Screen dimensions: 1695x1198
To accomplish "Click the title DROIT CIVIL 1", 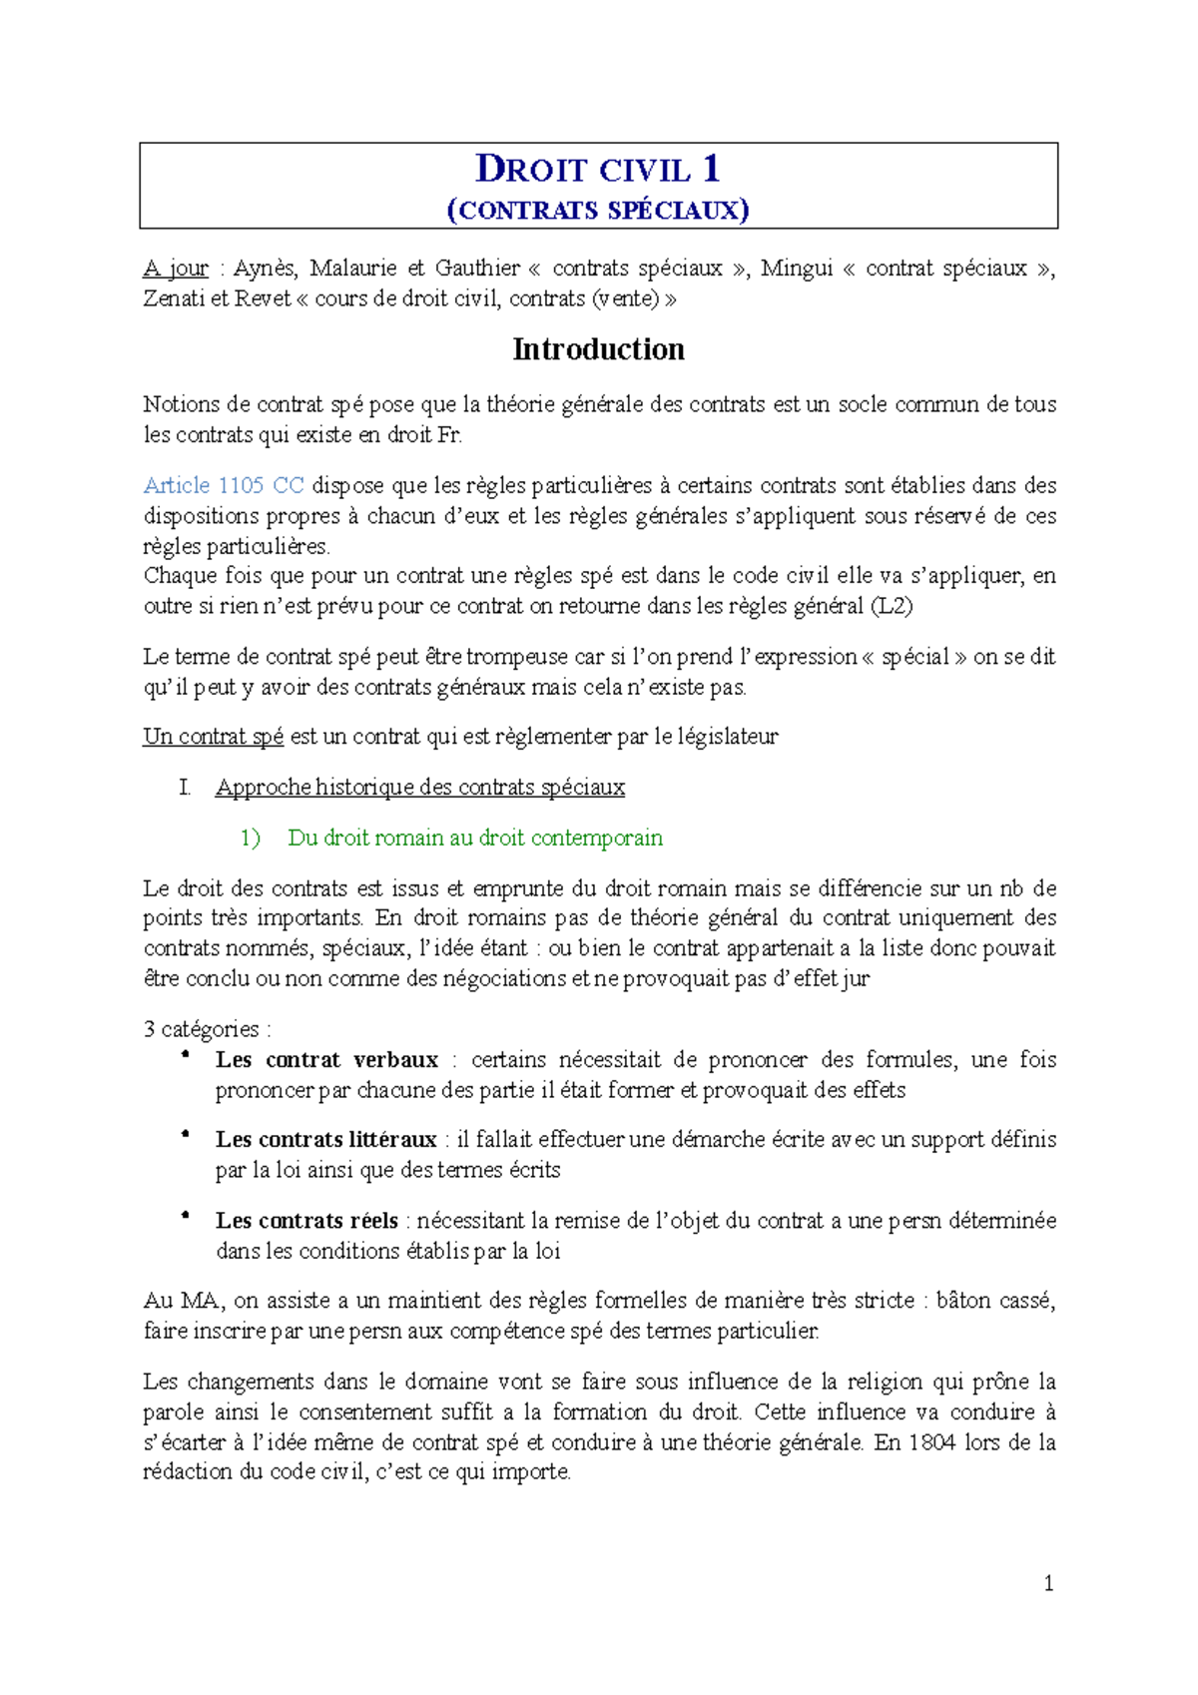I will (x=597, y=169).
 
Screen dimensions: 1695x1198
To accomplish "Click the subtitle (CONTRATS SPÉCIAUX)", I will (x=598, y=210).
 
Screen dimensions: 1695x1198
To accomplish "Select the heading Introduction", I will (x=598, y=349).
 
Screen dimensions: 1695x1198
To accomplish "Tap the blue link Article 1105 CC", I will (x=224, y=486).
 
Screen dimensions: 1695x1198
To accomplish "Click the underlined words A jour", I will (x=176, y=269).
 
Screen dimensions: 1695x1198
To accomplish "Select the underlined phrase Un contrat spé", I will (x=214, y=737).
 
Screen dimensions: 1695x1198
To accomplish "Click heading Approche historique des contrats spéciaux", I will (x=419, y=788).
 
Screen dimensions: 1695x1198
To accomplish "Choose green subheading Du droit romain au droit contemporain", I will (x=475, y=838).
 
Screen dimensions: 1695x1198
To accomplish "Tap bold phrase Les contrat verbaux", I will (x=326, y=1060).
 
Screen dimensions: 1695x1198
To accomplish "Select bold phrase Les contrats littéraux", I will (x=325, y=1140).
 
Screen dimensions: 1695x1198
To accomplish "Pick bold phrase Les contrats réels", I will (x=306, y=1221).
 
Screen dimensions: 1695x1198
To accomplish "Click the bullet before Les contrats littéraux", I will (x=185, y=1136).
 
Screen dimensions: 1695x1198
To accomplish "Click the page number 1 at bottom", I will (x=1048, y=1583).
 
